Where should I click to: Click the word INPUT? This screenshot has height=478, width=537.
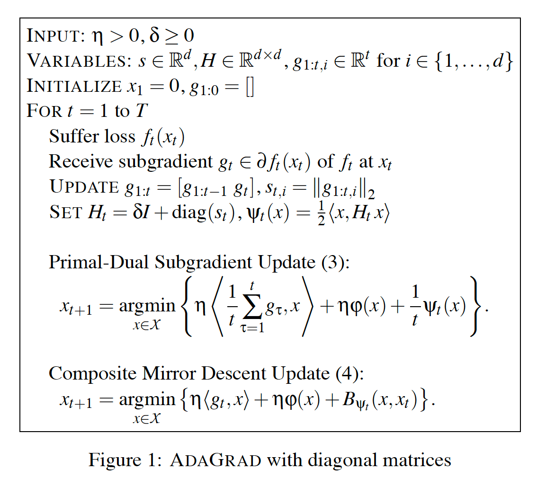pyautogui.click(x=54, y=36)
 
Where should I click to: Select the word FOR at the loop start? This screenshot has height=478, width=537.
pyautogui.click(x=45, y=111)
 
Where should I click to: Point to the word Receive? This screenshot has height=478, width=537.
pyautogui.click(x=81, y=162)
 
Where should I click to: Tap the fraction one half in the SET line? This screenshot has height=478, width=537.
pyautogui.click(x=321, y=212)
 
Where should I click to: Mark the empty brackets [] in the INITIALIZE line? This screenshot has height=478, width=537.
pyautogui.click(x=250, y=87)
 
